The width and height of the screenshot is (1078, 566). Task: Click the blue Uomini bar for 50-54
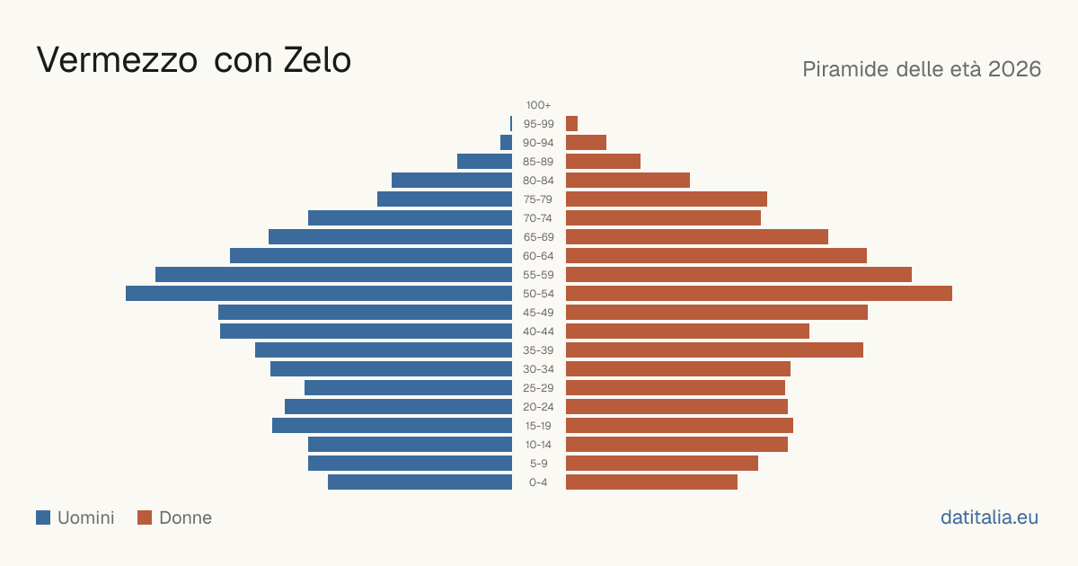pos(319,294)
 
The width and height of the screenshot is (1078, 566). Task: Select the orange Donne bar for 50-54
pos(759,294)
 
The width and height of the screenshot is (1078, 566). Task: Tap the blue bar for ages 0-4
pos(420,482)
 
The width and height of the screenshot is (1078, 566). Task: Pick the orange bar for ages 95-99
pos(571,124)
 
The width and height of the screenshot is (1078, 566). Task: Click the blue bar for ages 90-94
pos(507,143)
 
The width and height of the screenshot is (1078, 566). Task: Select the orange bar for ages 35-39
pos(715,349)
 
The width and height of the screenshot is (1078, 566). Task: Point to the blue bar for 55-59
pos(333,274)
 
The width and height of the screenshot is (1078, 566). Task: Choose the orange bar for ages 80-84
pos(628,180)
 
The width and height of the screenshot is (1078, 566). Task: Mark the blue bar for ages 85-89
pos(484,161)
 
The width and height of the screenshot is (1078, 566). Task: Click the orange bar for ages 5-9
pos(662,463)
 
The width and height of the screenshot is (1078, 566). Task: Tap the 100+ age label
pos(538,105)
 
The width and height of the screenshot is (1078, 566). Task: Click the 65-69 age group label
pos(538,237)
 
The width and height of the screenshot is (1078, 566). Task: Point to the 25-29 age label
pos(538,388)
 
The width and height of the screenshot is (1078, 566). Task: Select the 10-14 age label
pos(538,444)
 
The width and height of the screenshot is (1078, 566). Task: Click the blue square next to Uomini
pos(43,517)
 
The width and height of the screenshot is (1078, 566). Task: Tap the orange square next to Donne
pos(145,517)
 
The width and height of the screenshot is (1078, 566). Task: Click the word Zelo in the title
pos(317,60)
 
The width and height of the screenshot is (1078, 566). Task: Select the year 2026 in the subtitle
pos(1014,69)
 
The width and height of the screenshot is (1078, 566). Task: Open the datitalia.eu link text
pos(989,517)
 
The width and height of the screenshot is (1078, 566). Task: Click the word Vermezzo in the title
pos(117,60)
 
